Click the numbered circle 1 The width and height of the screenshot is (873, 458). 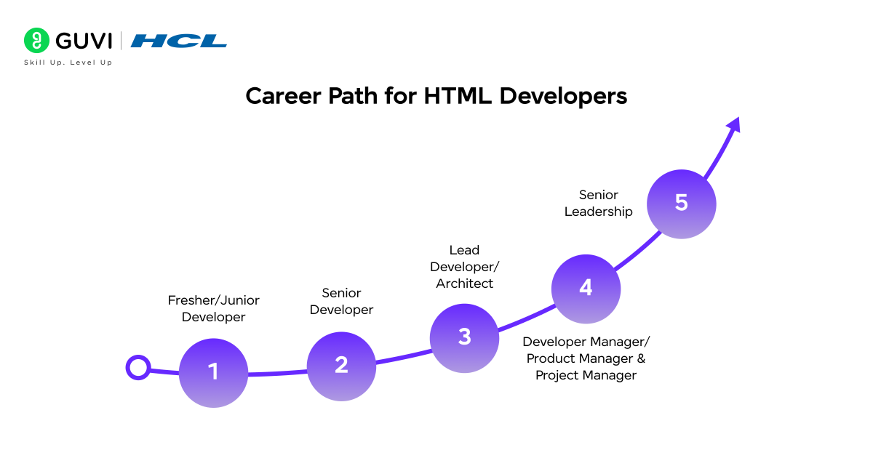213,372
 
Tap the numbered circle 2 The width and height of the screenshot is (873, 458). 341,366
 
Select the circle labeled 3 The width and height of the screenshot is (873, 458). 464,337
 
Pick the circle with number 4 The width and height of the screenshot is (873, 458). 586,289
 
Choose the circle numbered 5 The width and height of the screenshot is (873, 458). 681,203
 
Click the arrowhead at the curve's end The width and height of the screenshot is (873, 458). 733,124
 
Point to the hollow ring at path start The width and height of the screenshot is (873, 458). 137,368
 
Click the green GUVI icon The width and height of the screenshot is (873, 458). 36,41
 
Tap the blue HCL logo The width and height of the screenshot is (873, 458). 179,41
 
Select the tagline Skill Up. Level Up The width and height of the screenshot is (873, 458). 68,63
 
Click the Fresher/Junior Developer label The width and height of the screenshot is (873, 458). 213,308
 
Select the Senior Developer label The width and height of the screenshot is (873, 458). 341,301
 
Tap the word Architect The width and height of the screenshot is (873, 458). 464,284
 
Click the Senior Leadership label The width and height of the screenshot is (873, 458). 598,203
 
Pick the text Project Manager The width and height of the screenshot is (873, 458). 586,375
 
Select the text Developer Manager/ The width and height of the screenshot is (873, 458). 586,342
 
